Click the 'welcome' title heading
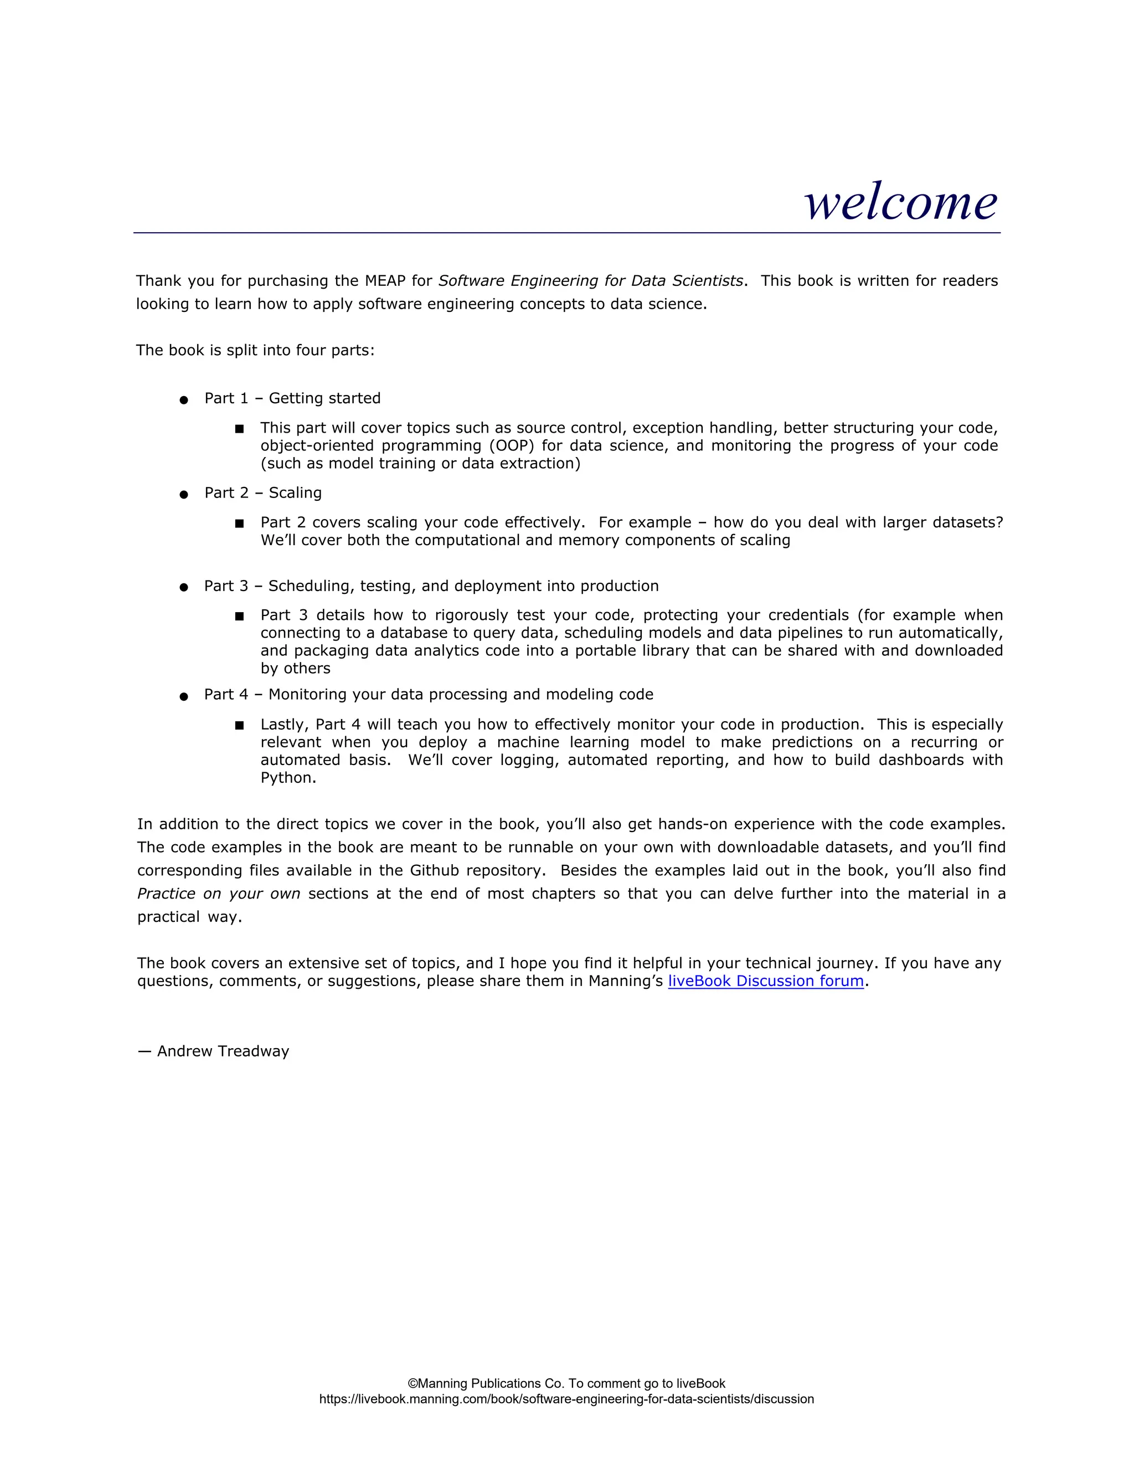pyautogui.click(x=900, y=202)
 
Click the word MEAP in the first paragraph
pyautogui.click(x=385, y=281)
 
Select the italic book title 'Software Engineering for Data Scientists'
pyautogui.click(x=590, y=281)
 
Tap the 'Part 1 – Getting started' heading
pyautogui.click(x=292, y=399)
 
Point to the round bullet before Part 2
pyautogui.click(x=183, y=495)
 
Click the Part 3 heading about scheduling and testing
pyautogui.click(x=431, y=586)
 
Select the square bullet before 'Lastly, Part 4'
pyautogui.click(x=239, y=725)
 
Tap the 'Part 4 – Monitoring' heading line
pyautogui.click(x=429, y=694)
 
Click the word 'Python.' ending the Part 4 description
pyautogui.click(x=288, y=778)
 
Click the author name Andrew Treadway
pyautogui.click(x=223, y=1051)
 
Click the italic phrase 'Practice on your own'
pyautogui.click(x=218, y=894)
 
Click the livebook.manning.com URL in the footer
pyautogui.click(x=566, y=1399)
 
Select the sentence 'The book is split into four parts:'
pyautogui.click(x=255, y=350)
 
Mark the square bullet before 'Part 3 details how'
pyautogui.click(x=239, y=615)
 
